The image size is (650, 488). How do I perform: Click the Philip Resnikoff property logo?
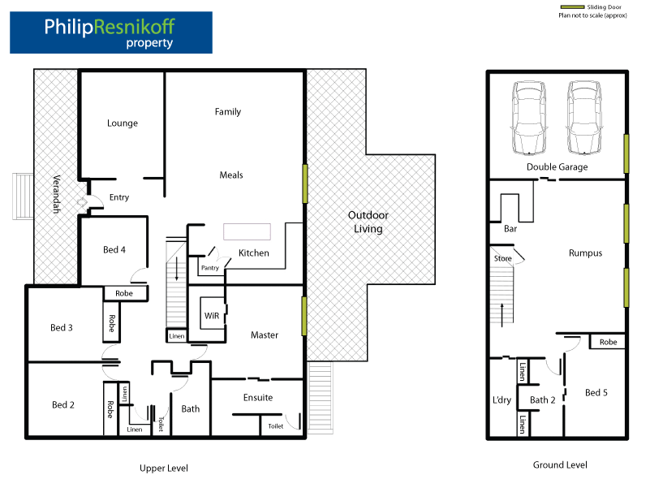(x=110, y=32)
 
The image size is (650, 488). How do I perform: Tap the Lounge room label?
(x=123, y=123)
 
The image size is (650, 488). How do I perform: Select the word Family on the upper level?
(x=228, y=112)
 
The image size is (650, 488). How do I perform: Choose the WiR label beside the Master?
(x=211, y=314)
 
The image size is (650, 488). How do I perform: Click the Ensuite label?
(x=258, y=398)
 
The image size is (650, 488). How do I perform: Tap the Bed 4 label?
(x=114, y=250)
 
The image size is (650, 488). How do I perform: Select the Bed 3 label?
(x=62, y=328)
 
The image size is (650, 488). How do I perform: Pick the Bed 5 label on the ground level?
(x=596, y=393)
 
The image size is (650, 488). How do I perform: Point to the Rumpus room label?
(x=585, y=253)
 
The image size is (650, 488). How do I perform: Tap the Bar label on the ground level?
(x=511, y=230)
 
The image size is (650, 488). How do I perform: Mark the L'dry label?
(x=501, y=400)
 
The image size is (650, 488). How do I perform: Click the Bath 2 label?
(x=542, y=400)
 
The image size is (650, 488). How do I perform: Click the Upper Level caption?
(x=164, y=469)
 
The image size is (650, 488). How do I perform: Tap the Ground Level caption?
(x=559, y=465)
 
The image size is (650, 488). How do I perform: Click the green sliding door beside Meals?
(x=305, y=184)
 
